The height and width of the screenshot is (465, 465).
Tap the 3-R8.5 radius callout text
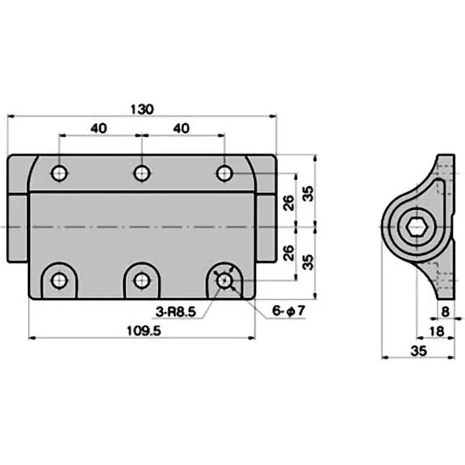[176, 312]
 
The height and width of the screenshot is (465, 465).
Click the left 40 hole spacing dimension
[98, 128]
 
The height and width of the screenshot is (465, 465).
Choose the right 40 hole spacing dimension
[181, 128]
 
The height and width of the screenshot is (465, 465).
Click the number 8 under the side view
[445, 312]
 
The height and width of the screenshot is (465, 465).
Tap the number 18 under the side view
[437, 331]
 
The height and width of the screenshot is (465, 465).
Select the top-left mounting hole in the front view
[59, 173]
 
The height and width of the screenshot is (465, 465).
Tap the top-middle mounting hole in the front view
[141, 173]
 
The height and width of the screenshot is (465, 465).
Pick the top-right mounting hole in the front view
[224, 173]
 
